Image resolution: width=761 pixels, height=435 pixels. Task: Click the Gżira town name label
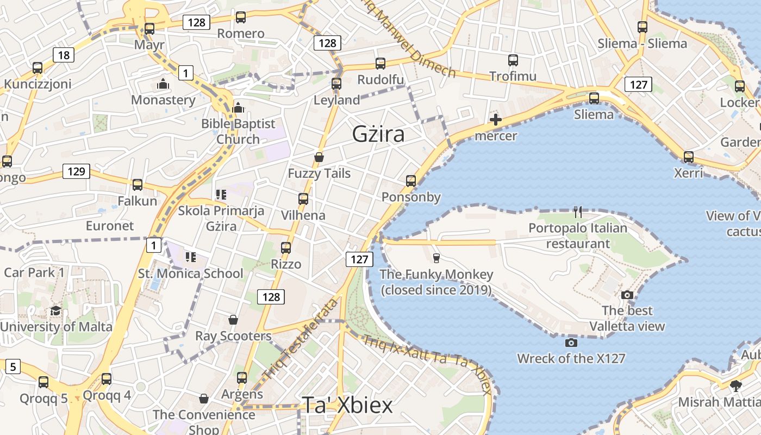pyautogui.click(x=378, y=134)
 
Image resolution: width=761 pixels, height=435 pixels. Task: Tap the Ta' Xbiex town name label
pyautogui.click(x=347, y=405)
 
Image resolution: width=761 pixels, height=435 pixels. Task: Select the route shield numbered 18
pyautogui.click(x=64, y=54)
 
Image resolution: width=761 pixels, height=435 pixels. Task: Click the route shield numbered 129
pyautogui.click(x=76, y=172)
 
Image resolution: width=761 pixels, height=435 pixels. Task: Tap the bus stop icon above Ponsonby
pyautogui.click(x=411, y=181)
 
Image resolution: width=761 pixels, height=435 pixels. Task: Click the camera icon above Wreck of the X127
pyautogui.click(x=571, y=343)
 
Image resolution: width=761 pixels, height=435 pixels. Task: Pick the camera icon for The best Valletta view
pyautogui.click(x=627, y=295)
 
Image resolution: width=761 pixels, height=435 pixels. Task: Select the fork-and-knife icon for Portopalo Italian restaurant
pyautogui.click(x=578, y=212)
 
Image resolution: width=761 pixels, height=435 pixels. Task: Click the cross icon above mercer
pyautogui.click(x=496, y=120)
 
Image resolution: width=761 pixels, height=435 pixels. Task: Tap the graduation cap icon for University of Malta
pyautogui.click(x=56, y=311)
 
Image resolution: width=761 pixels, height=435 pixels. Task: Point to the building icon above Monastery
pyautogui.click(x=163, y=84)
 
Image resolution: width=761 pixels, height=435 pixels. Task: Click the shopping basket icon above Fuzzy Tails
pyautogui.click(x=319, y=157)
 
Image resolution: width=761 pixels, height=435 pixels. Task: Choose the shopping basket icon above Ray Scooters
pyautogui.click(x=233, y=320)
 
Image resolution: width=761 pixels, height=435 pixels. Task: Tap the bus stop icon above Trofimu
pyautogui.click(x=513, y=60)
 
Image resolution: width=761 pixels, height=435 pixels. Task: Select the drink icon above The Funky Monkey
pyautogui.click(x=436, y=258)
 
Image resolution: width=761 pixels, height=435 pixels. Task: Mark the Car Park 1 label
pyautogui.click(x=34, y=272)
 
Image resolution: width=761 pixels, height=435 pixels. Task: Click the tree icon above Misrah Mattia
pyautogui.click(x=736, y=386)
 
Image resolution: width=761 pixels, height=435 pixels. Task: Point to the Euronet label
pyautogui.click(x=110, y=226)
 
